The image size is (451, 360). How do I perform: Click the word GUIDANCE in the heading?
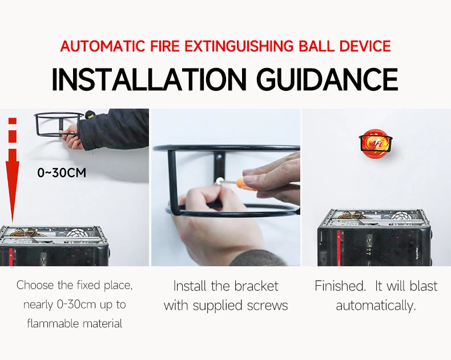coord(327,79)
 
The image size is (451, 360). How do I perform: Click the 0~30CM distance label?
coord(62,172)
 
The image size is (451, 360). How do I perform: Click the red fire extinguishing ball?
coord(375,143)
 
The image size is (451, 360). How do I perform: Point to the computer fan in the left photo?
coord(79,235)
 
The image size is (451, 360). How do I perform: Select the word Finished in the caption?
coord(340,286)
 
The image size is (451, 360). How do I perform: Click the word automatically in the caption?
coord(375,305)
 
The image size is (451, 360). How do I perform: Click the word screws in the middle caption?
coord(268,305)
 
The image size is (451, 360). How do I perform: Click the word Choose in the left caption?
coord(35,285)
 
